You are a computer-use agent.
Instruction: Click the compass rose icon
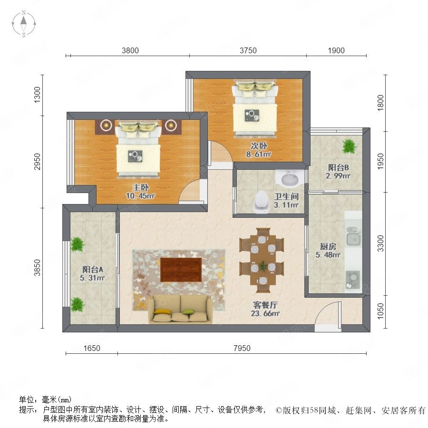(24, 24)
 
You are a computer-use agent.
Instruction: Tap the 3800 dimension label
(130, 50)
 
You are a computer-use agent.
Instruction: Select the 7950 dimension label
(242, 348)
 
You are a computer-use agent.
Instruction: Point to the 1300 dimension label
(37, 95)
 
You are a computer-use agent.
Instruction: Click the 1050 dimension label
(380, 311)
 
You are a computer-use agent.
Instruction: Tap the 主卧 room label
(141, 187)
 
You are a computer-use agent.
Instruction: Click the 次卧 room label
(259, 146)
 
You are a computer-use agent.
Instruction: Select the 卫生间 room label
(286, 196)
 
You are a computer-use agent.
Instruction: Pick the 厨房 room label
(328, 246)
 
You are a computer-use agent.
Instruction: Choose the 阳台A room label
(93, 270)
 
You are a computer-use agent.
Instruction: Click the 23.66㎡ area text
(265, 313)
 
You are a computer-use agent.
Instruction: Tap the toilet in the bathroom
(262, 202)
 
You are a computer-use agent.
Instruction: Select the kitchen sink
(353, 236)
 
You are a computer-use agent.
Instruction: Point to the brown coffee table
(181, 270)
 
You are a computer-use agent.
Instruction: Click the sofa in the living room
(180, 310)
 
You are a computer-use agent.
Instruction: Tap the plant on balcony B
(349, 146)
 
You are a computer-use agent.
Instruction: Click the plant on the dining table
(263, 266)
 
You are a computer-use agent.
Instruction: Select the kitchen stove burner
(353, 279)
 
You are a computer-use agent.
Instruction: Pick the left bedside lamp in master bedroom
(106, 126)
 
